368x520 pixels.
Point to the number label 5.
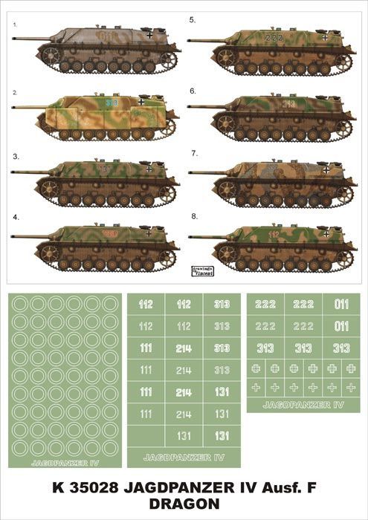coord(192,19)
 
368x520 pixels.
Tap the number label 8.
coord(193,217)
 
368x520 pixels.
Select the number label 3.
coord(16,156)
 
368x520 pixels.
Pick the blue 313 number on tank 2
coord(112,103)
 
